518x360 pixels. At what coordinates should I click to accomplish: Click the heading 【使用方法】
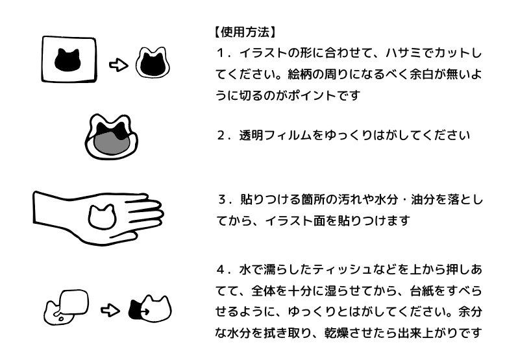[x=244, y=31]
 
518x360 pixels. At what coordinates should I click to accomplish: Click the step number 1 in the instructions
[x=221, y=51]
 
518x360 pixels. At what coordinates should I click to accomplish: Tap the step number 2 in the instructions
[x=221, y=136]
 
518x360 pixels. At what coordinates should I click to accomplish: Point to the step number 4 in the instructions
[x=221, y=269]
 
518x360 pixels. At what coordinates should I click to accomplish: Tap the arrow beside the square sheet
[x=117, y=64]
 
